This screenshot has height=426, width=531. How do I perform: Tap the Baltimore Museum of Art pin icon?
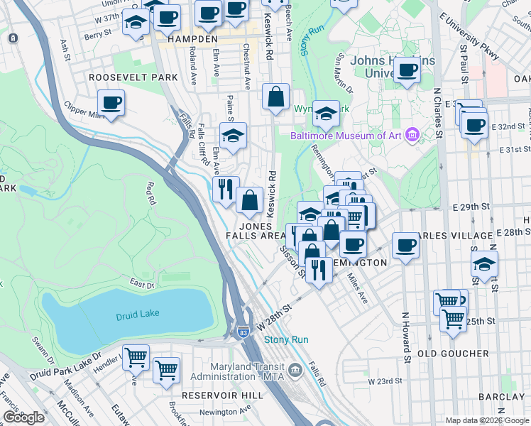[x=412, y=135]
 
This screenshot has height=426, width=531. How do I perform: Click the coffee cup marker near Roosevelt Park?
[x=111, y=103]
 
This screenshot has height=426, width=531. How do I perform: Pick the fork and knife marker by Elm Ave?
[x=226, y=189]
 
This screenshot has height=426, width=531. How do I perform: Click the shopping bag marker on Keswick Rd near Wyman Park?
[x=275, y=97]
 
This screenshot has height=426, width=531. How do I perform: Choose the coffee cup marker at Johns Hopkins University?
[x=407, y=70]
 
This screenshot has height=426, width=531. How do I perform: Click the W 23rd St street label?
[x=384, y=381]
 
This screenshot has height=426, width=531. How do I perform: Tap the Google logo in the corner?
[x=23, y=418]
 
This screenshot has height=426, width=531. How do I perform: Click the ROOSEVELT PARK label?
[x=133, y=77]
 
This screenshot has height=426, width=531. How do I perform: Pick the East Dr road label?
[x=142, y=285]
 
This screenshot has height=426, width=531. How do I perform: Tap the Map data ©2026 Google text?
[x=486, y=420]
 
